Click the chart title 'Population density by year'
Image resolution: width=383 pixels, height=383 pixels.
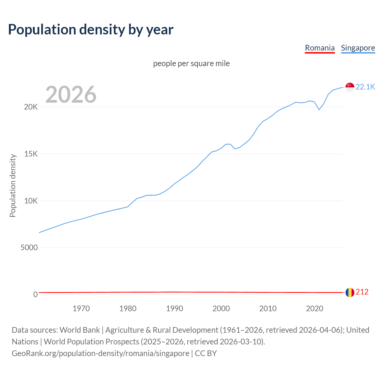91,29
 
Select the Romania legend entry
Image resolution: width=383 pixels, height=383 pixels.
320,48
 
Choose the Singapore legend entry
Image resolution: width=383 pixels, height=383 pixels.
358,48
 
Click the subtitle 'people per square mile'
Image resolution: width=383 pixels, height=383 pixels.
191,63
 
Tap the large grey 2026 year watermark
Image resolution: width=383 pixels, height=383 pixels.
71,95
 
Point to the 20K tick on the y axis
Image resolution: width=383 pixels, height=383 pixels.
31,107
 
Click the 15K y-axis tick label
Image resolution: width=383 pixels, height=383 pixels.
31,154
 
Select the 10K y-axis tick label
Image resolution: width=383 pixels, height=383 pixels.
31,201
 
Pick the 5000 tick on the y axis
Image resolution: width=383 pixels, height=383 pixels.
29,248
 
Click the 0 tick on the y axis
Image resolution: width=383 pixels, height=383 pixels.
36,295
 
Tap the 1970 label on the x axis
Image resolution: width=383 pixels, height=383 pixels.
81,308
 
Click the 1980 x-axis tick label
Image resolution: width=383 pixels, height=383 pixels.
128,308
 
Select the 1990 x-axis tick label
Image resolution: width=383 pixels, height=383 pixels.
174,308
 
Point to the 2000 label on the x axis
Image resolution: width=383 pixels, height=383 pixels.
221,308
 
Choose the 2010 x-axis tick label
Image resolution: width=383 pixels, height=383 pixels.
268,308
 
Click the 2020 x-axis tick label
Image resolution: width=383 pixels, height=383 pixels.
314,308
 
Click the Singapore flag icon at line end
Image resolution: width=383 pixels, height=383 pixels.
350,87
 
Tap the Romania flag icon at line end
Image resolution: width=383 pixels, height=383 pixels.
350,292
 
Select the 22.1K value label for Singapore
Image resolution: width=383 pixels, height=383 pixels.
365,87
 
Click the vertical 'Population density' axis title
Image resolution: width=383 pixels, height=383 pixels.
13,186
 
